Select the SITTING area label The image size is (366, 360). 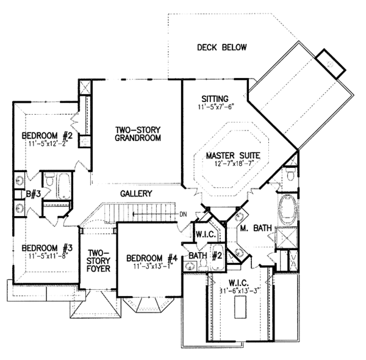(x=215, y=98)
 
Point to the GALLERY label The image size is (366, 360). (x=135, y=193)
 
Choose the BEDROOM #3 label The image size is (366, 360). (x=47, y=248)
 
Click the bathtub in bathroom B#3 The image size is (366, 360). (x=63, y=185)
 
